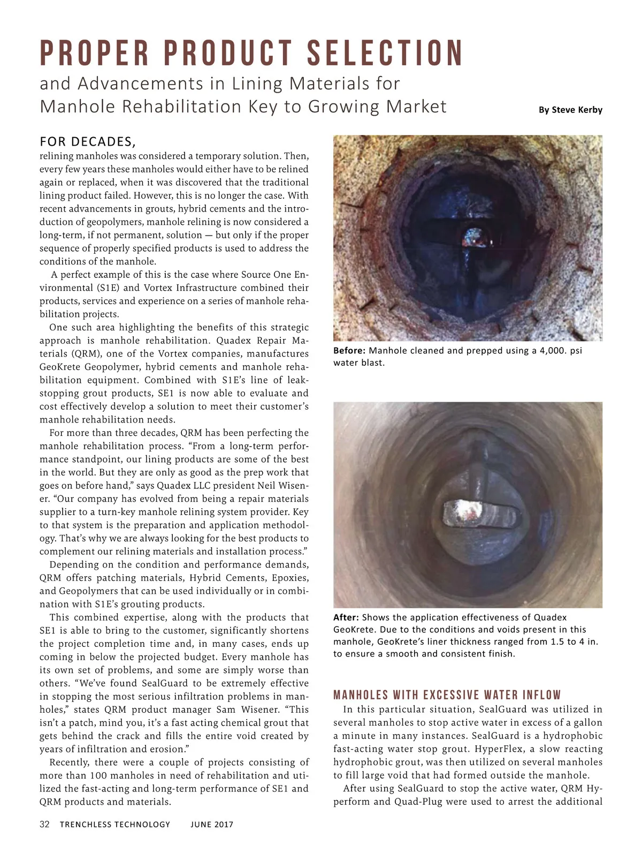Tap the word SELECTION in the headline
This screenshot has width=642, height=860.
pos(385,54)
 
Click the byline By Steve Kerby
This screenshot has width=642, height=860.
pos(570,110)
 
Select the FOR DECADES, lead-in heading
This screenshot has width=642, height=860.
pos(88,142)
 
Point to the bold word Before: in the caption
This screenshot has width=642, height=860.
pos(349,351)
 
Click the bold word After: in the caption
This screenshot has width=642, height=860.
pos(346,617)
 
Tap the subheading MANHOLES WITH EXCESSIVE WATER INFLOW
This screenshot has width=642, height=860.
pos(447,695)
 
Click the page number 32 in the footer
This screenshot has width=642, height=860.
pos(44,824)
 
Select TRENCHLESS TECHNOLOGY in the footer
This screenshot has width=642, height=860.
pos(115,825)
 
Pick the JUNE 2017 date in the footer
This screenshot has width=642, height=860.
pos(212,825)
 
